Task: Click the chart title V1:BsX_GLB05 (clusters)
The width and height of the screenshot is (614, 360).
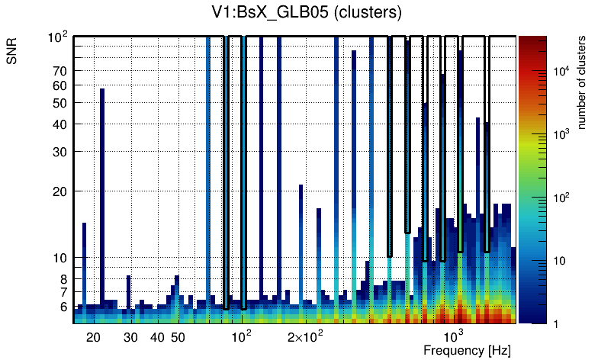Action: pos(306,12)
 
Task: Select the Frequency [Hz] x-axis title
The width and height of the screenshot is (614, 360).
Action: pos(467,350)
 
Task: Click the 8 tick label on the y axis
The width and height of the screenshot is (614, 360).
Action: pos(61,279)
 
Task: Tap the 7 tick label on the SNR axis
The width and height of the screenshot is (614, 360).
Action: pos(61,292)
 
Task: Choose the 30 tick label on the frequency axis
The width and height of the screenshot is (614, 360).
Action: pos(130,337)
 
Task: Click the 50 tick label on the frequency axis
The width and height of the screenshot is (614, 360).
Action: pos(177,337)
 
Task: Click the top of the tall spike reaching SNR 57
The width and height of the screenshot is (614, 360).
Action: pos(102,90)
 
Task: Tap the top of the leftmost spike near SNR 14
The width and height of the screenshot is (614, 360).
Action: pos(84,224)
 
